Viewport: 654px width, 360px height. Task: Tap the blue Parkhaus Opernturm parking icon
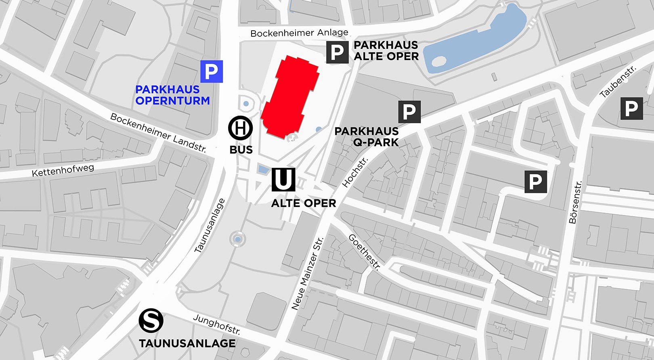[212, 71]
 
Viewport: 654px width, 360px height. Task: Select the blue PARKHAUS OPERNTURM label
[172, 95]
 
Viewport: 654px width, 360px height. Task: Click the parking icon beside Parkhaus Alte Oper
[337, 52]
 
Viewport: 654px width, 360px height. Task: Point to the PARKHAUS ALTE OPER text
[386, 51]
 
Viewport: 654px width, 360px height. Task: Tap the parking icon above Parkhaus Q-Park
[409, 112]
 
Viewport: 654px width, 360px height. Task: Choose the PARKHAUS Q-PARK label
[367, 137]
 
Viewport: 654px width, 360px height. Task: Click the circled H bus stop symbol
[241, 128]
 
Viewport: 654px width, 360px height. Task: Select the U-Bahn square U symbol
[283, 180]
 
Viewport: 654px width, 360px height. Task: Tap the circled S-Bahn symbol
[151, 321]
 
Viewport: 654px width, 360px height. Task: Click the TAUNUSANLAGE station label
[187, 343]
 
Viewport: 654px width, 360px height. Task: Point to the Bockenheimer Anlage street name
[299, 33]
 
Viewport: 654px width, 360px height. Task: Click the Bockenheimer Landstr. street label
[158, 133]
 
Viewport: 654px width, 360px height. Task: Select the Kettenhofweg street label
[63, 170]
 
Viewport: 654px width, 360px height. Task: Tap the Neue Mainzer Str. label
[307, 274]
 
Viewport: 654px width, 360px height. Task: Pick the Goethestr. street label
[365, 252]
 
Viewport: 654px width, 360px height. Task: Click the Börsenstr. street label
[575, 202]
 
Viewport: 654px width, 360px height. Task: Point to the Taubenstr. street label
[618, 82]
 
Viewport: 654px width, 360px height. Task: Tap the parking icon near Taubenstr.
[631, 109]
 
